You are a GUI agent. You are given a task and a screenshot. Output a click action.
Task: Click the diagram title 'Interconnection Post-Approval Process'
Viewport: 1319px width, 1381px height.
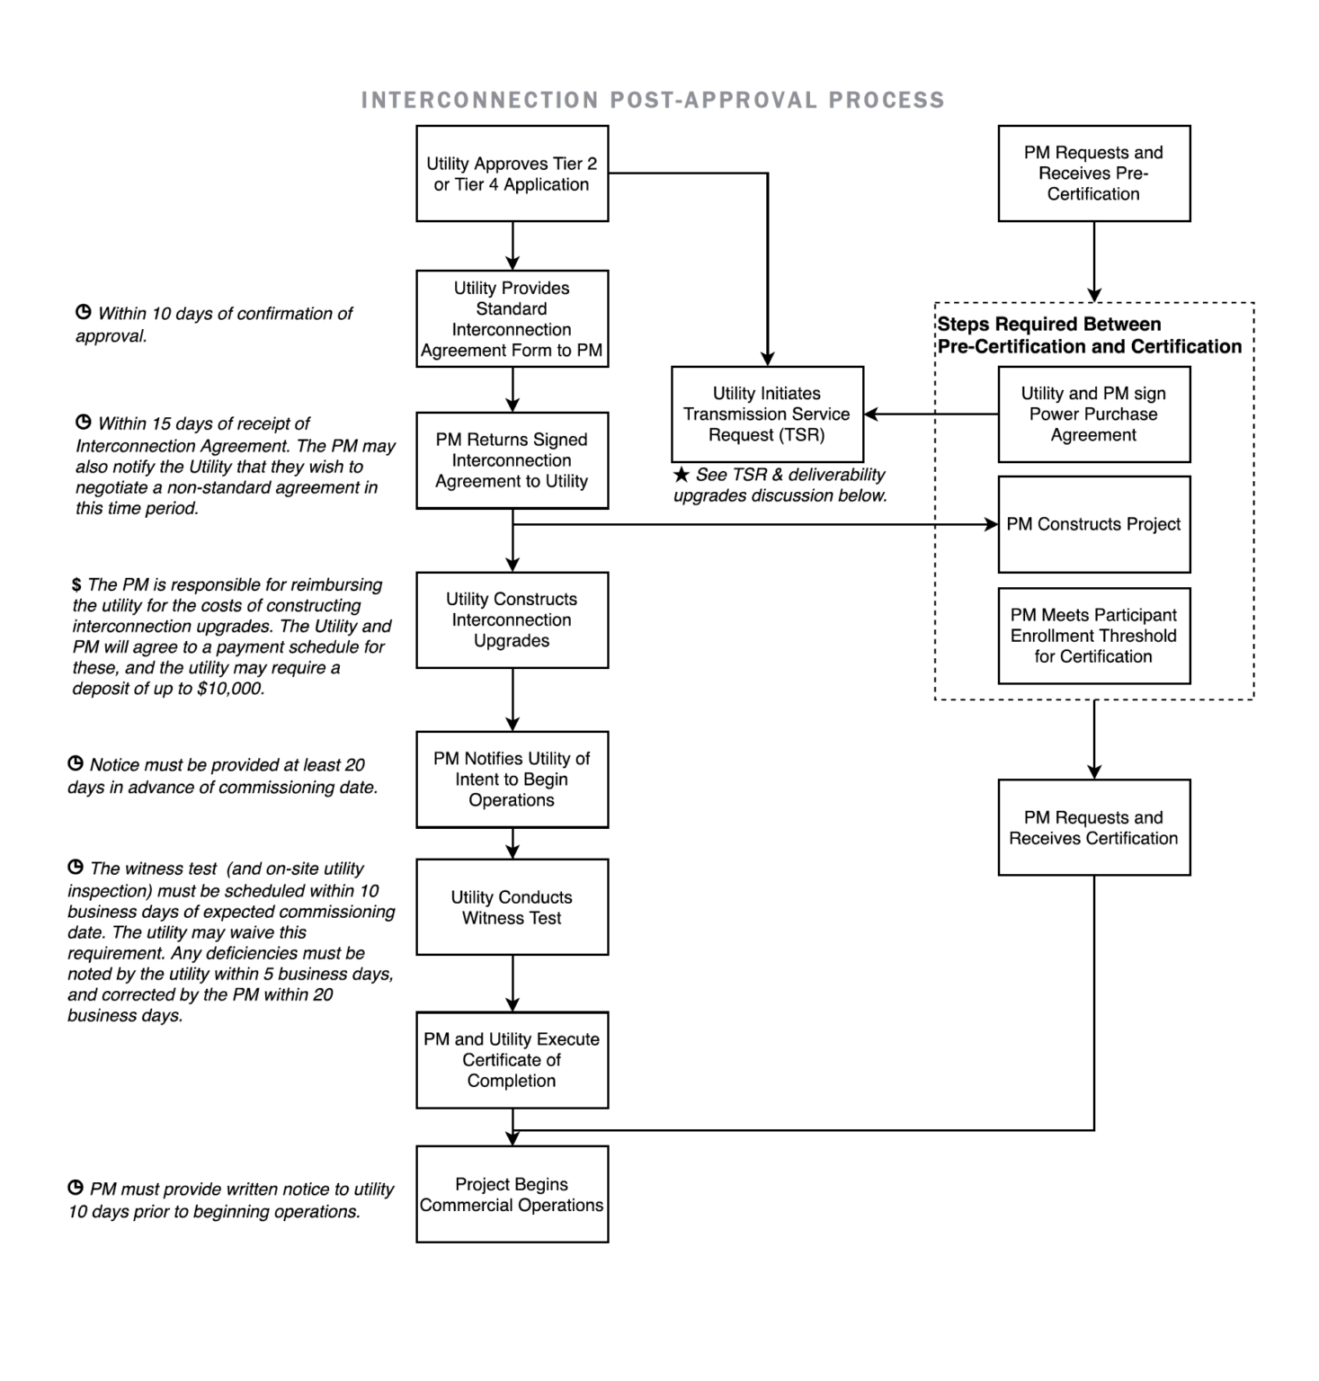coord(652,100)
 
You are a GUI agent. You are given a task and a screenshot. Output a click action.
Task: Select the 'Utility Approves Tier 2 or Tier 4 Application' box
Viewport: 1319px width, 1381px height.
coord(512,174)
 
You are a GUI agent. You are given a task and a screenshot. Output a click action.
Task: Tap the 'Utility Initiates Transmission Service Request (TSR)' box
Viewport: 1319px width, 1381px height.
coord(767,414)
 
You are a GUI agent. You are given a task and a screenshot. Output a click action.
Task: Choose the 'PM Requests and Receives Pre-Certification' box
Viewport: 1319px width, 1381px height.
coord(1093,174)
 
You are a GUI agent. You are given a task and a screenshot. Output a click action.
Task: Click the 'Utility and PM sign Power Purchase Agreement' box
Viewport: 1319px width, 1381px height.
coord(1093,414)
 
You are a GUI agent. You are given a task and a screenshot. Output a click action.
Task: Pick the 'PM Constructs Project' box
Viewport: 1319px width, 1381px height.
coord(1093,524)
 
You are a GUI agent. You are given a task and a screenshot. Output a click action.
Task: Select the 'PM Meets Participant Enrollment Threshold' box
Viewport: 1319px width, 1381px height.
coord(1093,636)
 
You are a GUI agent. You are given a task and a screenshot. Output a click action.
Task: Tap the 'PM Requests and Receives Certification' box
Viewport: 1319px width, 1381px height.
coord(1093,827)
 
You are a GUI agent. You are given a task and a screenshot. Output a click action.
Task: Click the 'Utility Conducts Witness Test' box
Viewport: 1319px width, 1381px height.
coord(512,907)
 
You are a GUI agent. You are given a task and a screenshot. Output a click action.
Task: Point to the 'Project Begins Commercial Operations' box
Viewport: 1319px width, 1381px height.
coord(512,1194)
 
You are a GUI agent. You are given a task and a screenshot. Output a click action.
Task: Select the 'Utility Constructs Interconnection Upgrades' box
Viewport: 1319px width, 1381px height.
coord(512,619)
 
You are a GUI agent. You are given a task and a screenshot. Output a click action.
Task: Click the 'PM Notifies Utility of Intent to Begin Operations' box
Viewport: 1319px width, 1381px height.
coord(512,779)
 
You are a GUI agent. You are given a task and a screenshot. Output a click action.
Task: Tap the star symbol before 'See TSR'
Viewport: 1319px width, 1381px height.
coord(682,474)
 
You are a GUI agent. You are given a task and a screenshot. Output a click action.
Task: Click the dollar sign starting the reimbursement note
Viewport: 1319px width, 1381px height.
coord(76,585)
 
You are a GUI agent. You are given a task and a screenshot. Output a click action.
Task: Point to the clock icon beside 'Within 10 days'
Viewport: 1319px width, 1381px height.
coord(84,313)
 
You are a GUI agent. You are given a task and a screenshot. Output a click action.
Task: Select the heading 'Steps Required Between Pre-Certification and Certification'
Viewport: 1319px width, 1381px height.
coord(1089,335)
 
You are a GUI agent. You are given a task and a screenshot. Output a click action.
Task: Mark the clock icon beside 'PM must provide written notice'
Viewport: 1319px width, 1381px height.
coord(76,1188)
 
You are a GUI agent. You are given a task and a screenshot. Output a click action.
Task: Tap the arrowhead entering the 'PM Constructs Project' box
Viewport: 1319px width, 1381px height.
coord(992,524)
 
